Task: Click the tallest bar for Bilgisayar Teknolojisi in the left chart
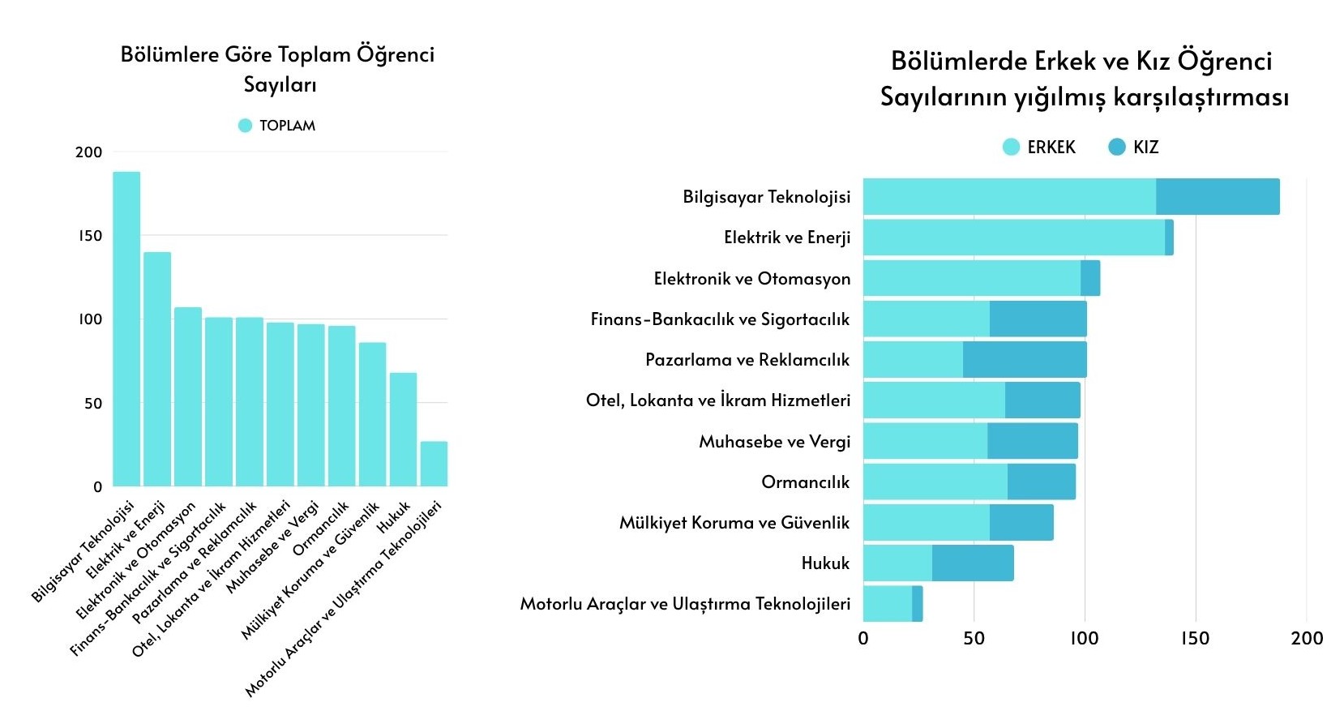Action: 126,328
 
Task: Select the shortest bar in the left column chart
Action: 434,464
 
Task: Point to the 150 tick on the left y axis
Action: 90,236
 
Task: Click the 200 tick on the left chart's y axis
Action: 89,152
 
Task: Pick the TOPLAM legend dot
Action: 245,126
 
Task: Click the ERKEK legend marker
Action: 1011,147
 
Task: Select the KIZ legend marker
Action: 1117,147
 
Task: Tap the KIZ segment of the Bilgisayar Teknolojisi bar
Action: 1218,197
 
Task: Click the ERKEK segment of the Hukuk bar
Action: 897,563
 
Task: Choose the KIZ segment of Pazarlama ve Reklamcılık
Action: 1025,360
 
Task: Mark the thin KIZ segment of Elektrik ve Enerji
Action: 1169,238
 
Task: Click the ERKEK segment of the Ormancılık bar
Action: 935,482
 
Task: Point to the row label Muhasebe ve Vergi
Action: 774,442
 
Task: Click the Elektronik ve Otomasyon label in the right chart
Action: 751,279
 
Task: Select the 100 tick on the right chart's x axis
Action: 1085,638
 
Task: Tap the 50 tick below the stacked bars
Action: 974,638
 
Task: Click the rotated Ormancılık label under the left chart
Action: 320,529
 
